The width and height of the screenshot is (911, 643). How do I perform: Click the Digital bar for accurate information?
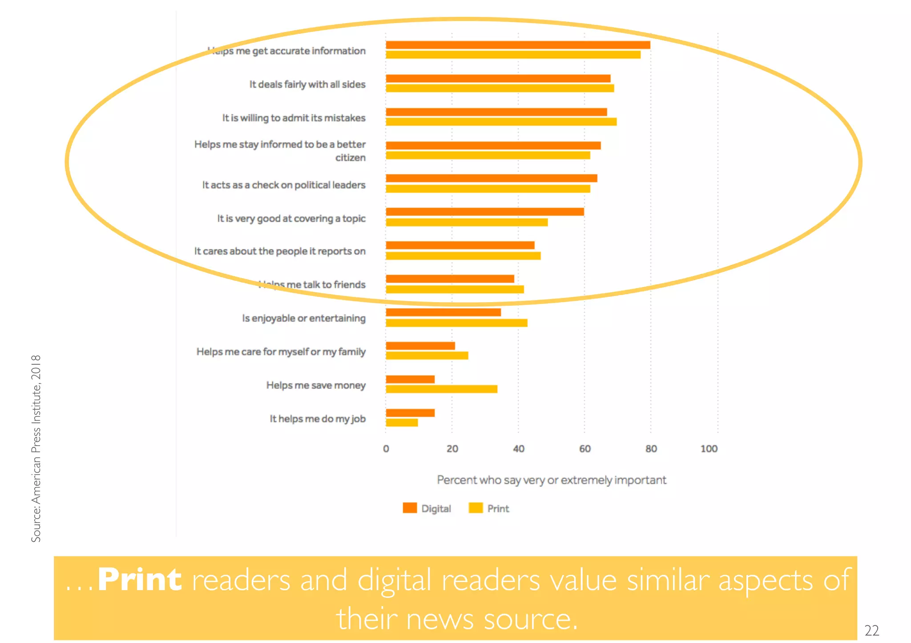click(517, 45)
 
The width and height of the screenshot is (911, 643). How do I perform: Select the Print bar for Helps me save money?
click(441, 389)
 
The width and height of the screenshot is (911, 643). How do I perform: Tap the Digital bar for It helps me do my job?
click(410, 413)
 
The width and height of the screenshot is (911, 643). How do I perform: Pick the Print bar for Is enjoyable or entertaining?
click(456, 323)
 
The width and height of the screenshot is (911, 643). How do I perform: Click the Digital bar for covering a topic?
click(484, 212)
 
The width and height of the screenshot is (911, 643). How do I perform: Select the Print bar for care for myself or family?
click(427, 355)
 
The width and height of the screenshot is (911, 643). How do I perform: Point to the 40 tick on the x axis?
click(518, 449)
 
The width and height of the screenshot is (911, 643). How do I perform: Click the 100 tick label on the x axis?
click(709, 449)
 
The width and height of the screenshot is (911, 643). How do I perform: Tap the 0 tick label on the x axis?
click(386, 449)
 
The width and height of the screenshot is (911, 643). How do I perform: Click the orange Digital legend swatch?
click(410, 508)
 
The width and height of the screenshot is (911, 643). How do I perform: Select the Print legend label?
click(498, 508)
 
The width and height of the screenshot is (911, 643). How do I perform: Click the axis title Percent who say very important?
click(551, 480)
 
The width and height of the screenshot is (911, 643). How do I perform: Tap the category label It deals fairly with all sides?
click(307, 84)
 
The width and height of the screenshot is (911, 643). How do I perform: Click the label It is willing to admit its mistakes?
click(294, 118)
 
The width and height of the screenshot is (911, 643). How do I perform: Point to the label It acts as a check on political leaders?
click(283, 185)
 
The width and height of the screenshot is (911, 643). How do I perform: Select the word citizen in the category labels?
click(350, 158)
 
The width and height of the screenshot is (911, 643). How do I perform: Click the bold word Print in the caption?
click(139, 579)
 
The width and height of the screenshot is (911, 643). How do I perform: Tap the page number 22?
click(871, 630)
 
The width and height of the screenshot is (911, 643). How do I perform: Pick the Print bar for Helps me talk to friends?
click(455, 290)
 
